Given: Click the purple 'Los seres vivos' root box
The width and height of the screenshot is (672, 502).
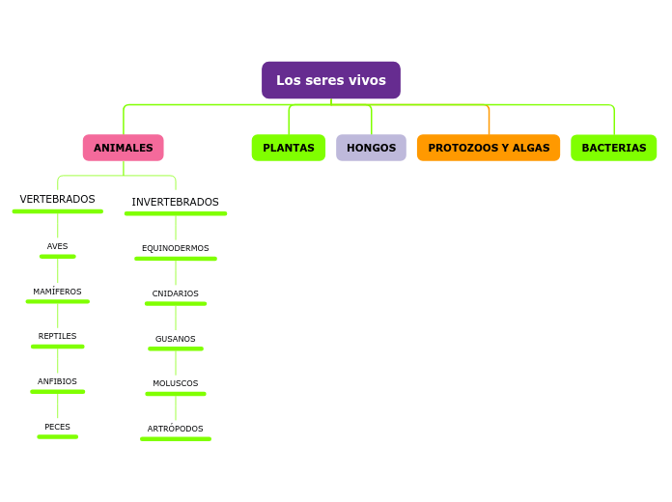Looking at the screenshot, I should coord(330,80).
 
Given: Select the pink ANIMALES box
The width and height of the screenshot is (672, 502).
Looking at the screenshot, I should coord(123,148).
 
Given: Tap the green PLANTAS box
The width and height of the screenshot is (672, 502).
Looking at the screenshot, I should coord(289,148).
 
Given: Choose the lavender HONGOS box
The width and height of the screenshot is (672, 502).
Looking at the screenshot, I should coord(371,148).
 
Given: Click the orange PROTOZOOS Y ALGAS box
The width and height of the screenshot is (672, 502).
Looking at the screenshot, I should coord(489,148).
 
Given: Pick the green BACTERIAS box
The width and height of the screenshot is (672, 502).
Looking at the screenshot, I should coord(613,148).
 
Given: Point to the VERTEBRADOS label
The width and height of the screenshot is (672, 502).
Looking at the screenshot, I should coord(58,199).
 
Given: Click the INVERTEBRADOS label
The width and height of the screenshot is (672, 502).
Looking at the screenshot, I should coord(176,202).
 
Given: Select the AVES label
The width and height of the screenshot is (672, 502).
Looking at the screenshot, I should coord(58,246).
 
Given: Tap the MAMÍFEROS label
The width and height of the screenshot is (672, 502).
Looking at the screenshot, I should coord(58,292).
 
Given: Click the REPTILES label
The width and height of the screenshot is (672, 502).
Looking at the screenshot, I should coord(58,336).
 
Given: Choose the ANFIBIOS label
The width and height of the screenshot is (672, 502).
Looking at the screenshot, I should coord(58,381).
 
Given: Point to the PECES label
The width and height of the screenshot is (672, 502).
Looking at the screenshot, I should coord(58,427).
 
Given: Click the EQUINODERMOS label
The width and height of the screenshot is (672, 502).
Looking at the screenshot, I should coord(176,248).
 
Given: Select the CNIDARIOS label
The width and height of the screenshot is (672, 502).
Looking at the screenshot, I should coord(176,293).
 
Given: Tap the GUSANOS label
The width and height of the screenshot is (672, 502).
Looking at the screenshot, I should coord(176,339).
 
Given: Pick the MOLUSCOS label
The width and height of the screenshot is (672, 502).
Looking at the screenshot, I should coord(176,383).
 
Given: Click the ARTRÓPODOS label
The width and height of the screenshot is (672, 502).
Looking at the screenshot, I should coord(176,429).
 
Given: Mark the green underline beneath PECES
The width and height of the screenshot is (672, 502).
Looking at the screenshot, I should coord(58,437).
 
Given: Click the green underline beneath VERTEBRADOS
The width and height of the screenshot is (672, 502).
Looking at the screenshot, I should coord(58,211).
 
